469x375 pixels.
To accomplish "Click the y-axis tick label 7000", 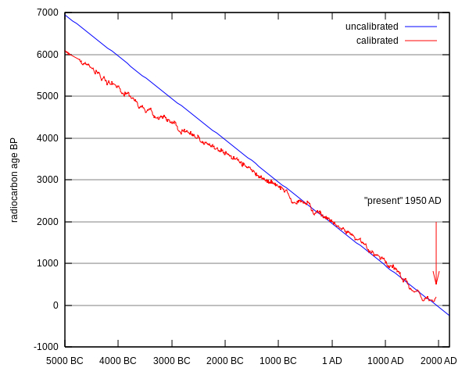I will pyautogui.click(x=48, y=12).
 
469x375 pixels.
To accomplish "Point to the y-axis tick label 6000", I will pyautogui.click(x=48, y=55).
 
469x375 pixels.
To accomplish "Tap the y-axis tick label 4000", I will pyautogui.click(x=48, y=138).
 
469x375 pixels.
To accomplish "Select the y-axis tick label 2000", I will pyautogui.click(x=48, y=222).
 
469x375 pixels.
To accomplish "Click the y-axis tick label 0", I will pyautogui.click(x=55, y=305).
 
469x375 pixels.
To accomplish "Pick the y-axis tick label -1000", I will pyautogui.click(x=45, y=347).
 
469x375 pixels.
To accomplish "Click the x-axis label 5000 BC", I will pyautogui.click(x=65, y=361).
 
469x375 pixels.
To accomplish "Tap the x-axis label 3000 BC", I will pyautogui.click(x=172, y=361).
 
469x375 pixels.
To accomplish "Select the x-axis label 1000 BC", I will pyautogui.click(x=278, y=361).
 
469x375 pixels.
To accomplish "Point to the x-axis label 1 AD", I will pyautogui.click(x=332, y=361).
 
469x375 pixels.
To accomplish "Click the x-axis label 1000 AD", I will pyautogui.click(x=385, y=361).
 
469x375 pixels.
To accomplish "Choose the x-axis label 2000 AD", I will pyautogui.click(x=439, y=361).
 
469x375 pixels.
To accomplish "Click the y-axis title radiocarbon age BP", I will pyautogui.click(x=14, y=180).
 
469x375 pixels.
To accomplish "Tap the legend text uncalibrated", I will pyautogui.click(x=371, y=27).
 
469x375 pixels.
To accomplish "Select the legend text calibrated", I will pyautogui.click(x=377, y=41).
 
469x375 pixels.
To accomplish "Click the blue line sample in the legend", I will pyautogui.click(x=421, y=27).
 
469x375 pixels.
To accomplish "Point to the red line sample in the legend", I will pyautogui.click(x=421, y=41).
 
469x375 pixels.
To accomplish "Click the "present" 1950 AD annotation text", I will pyautogui.click(x=403, y=201).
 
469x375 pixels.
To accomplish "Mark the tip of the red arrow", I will pyautogui.click(x=436, y=284).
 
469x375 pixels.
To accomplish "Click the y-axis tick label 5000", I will pyautogui.click(x=48, y=96).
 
